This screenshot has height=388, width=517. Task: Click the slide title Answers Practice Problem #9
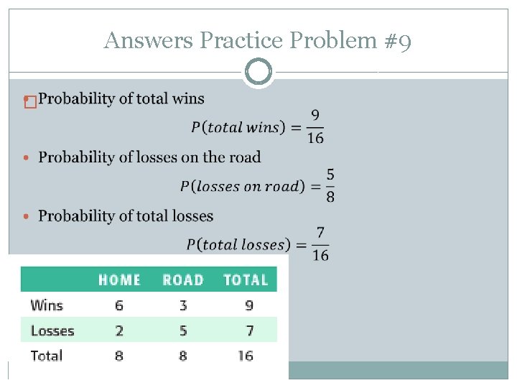click(258, 41)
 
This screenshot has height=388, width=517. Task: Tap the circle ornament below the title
click(258, 72)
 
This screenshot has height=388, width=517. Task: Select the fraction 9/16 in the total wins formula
click(315, 126)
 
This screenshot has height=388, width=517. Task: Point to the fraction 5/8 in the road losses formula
click(329, 185)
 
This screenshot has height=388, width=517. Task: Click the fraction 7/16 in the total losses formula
click(320, 244)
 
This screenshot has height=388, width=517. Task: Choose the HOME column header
click(119, 280)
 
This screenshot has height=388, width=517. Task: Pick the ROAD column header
click(182, 280)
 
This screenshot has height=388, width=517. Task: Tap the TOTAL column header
click(246, 280)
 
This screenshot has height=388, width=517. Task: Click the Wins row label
click(47, 305)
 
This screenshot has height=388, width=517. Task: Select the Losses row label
click(52, 331)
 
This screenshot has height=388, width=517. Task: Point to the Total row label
click(47, 355)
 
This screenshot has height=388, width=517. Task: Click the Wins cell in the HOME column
click(118, 305)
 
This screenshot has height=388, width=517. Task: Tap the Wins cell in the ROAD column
click(183, 305)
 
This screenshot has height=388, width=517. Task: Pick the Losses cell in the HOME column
click(118, 331)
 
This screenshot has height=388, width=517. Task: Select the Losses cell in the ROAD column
click(183, 331)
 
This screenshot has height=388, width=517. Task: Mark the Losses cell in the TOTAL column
click(248, 331)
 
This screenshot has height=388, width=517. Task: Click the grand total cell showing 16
click(246, 355)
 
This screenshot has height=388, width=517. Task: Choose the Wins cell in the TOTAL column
click(248, 305)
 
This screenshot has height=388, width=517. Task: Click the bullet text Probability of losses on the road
click(149, 157)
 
